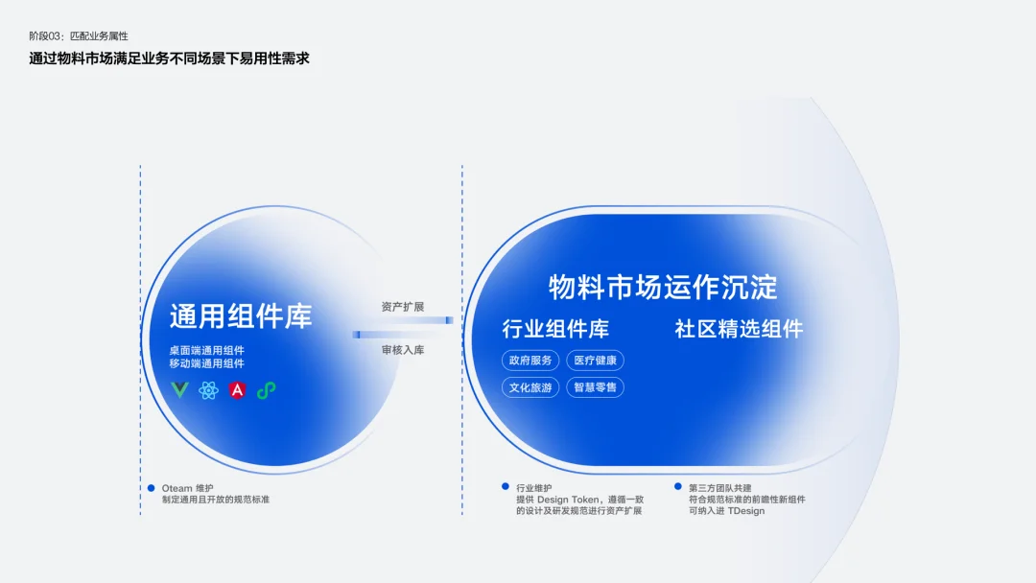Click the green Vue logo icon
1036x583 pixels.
pyautogui.click(x=179, y=389)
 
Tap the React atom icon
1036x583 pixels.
pyautogui.click(x=208, y=390)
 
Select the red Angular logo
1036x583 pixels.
pyautogui.click(x=237, y=390)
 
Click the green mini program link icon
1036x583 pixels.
pyautogui.click(x=267, y=390)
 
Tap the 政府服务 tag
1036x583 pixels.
pyautogui.click(x=530, y=361)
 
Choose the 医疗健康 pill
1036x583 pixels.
pyautogui.click(x=596, y=361)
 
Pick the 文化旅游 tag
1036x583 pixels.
pyautogui.click(x=530, y=387)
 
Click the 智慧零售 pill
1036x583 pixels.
pyautogui.click(x=596, y=387)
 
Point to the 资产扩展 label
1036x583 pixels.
pyautogui.click(x=402, y=307)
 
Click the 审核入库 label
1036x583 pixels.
pyautogui.click(x=402, y=350)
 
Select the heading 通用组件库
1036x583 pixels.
pyautogui.click(x=241, y=316)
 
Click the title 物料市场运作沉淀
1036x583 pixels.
pyautogui.click(x=663, y=288)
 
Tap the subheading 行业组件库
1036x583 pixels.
pyautogui.click(x=555, y=329)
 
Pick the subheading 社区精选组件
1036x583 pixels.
pyautogui.click(x=739, y=329)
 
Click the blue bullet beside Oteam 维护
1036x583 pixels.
pyautogui.click(x=152, y=488)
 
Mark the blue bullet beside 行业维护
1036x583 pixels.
pyautogui.click(x=506, y=486)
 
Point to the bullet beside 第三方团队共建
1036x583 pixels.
pyautogui.click(x=678, y=486)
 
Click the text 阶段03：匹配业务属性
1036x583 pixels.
pyautogui.click(x=79, y=36)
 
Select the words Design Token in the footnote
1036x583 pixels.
pyautogui.click(x=567, y=500)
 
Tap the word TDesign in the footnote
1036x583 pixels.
pyautogui.click(x=746, y=511)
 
